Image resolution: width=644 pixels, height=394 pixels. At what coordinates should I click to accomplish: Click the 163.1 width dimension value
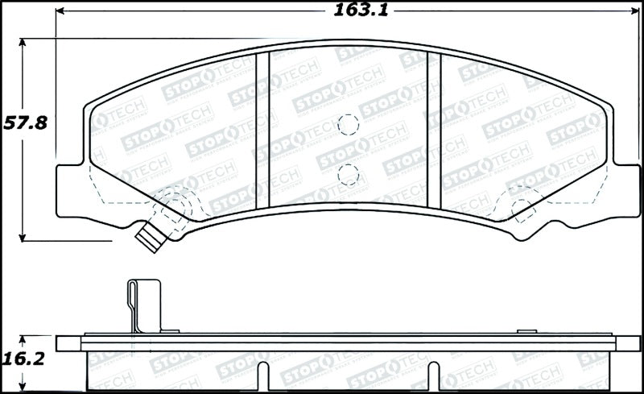click(x=352, y=10)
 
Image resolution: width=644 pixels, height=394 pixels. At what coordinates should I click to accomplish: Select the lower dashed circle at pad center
click(x=348, y=172)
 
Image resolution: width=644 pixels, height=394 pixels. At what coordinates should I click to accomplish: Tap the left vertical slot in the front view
click(x=262, y=129)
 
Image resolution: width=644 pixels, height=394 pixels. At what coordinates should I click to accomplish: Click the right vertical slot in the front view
click(x=435, y=129)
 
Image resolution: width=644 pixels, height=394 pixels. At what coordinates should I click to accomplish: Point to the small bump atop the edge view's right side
click(x=527, y=330)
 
